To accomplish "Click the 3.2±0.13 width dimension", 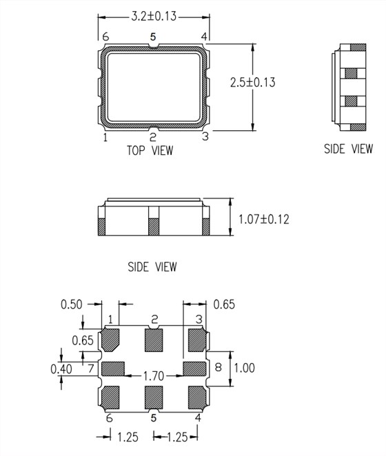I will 153,14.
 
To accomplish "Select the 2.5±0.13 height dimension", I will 252,82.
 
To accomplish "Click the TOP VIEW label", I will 150,150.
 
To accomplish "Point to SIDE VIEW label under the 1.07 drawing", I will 152,267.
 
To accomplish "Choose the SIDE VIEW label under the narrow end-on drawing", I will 348,148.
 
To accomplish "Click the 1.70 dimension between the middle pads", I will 152,376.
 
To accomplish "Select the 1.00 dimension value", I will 243,368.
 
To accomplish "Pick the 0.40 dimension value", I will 61,369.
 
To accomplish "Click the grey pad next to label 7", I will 113,369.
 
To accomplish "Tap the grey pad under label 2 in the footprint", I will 154,339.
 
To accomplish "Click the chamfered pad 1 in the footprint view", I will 112,339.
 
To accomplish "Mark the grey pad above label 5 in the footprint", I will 154,397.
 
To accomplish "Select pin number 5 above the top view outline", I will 153,36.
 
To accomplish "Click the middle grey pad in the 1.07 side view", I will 154,225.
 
